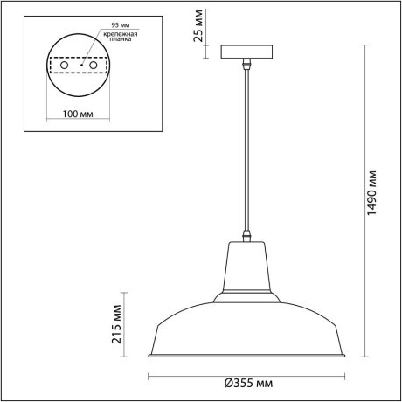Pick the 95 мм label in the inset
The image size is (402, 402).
[x=111, y=24]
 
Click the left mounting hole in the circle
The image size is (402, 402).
[x=64, y=66]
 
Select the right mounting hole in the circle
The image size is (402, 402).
[x=92, y=66]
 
